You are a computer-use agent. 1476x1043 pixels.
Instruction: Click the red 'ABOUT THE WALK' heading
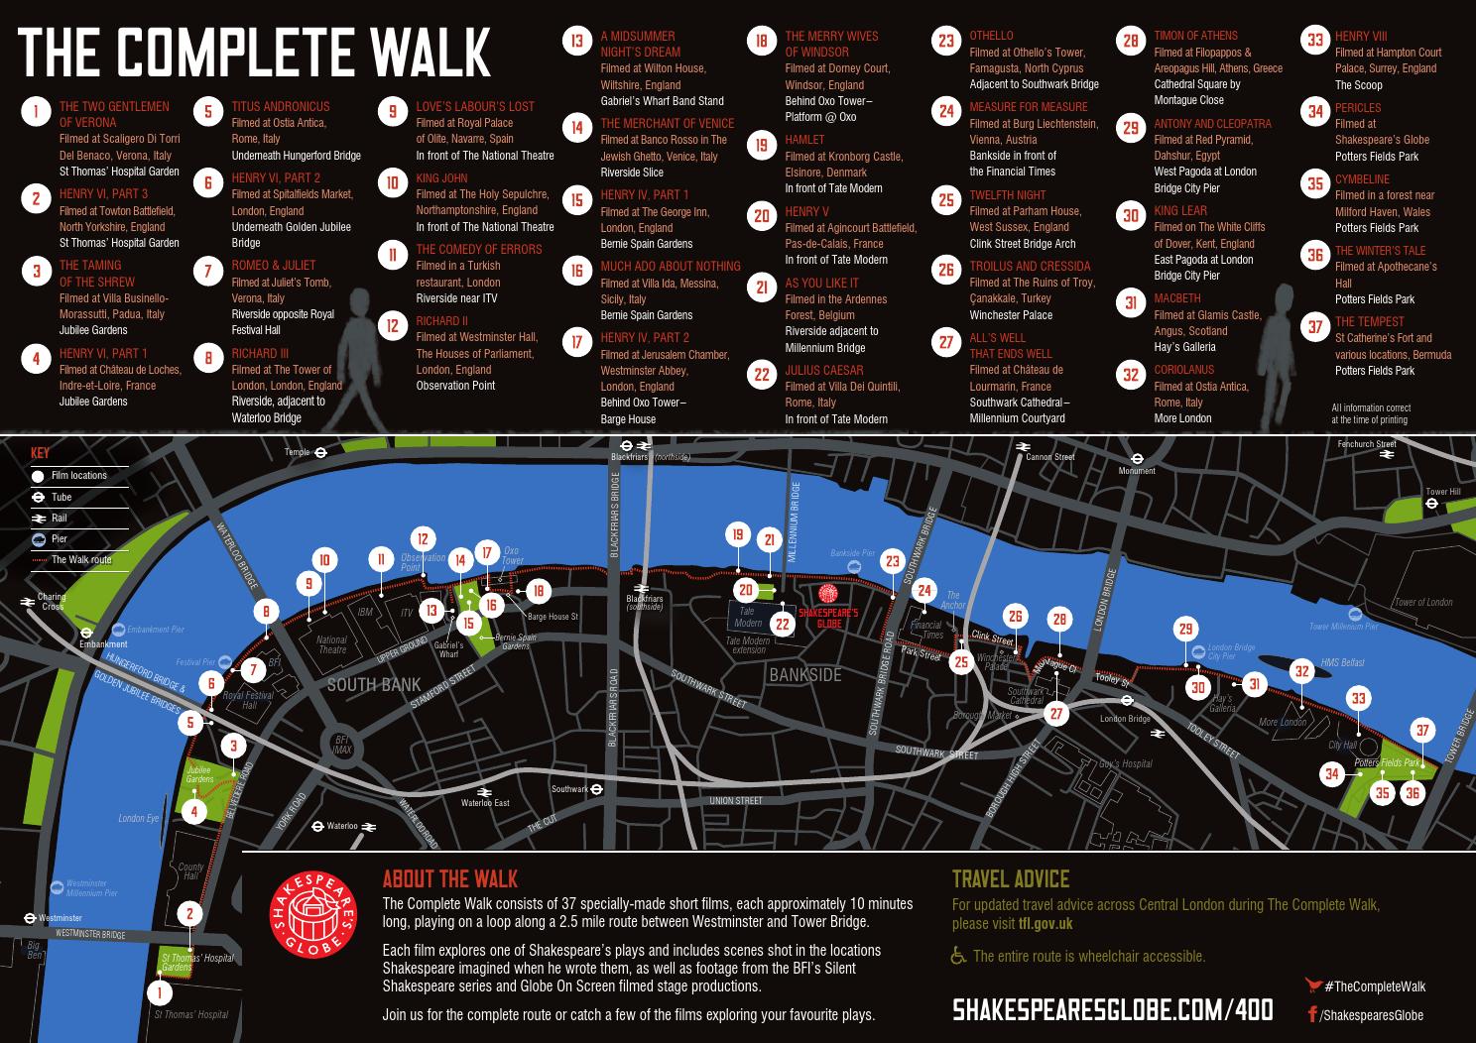pyautogui.click(x=450, y=879)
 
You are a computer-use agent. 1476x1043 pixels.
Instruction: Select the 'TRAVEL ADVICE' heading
pyautogui.click(x=1010, y=879)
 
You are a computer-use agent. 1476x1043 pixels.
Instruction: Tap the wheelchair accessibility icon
pyautogui.click(x=958, y=957)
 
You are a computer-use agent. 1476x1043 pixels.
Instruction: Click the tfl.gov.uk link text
pyautogui.click(x=1045, y=924)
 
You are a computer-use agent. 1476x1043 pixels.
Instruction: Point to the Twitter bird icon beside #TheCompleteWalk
pyautogui.click(x=1313, y=985)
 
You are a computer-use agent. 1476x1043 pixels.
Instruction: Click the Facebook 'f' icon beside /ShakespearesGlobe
pyautogui.click(x=1312, y=1015)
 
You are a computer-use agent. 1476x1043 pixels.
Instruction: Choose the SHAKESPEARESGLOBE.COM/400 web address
pyautogui.click(x=1112, y=1010)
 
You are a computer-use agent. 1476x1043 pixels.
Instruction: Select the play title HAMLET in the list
pyautogui.click(x=804, y=140)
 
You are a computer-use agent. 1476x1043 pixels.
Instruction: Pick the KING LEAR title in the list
pyautogui.click(x=1180, y=211)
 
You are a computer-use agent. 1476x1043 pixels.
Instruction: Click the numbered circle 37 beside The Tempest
pyautogui.click(x=1315, y=326)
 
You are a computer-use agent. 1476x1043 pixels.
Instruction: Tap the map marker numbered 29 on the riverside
pyautogui.click(x=1185, y=629)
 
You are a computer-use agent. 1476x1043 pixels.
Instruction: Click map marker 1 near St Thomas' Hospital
pyautogui.click(x=159, y=991)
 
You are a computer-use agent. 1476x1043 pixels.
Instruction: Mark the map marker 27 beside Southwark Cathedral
pyautogui.click(x=1056, y=713)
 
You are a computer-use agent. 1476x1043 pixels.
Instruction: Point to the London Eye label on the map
pyautogui.click(x=138, y=819)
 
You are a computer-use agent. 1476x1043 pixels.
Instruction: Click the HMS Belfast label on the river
pyautogui.click(x=1342, y=662)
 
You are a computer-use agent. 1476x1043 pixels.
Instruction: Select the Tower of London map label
pyautogui.click(x=1422, y=603)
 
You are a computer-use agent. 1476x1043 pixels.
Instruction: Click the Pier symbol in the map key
pyautogui.click(x=37, y=539)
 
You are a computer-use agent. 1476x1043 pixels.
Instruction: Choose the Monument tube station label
pyautogui.click(x=1137, y=471)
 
